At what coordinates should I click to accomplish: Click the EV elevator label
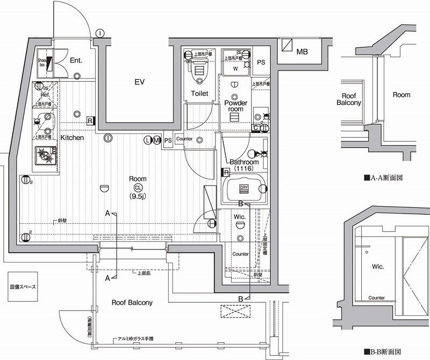click(140, 82)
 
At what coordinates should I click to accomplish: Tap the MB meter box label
click(302, 52)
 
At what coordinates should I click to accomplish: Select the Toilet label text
click(199, 94)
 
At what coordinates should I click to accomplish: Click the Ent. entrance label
click(76, 60)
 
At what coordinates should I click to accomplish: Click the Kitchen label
click(71, 138)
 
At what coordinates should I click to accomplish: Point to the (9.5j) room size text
click(138, 196)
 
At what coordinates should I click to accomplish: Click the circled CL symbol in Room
click(138, 188)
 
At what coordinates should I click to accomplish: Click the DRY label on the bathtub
click(243, 188)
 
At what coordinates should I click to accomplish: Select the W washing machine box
click(235, 69)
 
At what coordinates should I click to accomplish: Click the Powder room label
click(236, 106)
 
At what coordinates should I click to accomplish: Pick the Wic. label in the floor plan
click(240, 217)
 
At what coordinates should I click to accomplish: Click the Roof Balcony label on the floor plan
click(132, 302)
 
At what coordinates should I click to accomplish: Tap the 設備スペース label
click(23, 287)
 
